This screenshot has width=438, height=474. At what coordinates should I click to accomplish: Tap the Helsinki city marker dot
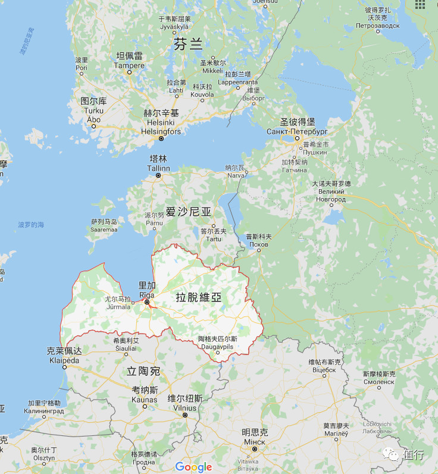161,139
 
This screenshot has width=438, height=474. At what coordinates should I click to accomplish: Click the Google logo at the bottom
194,467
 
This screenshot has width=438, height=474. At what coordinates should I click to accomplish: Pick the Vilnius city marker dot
185,415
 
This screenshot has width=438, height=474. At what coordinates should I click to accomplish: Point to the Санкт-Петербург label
297,131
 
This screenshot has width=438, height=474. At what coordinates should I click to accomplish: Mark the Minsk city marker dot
254,449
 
